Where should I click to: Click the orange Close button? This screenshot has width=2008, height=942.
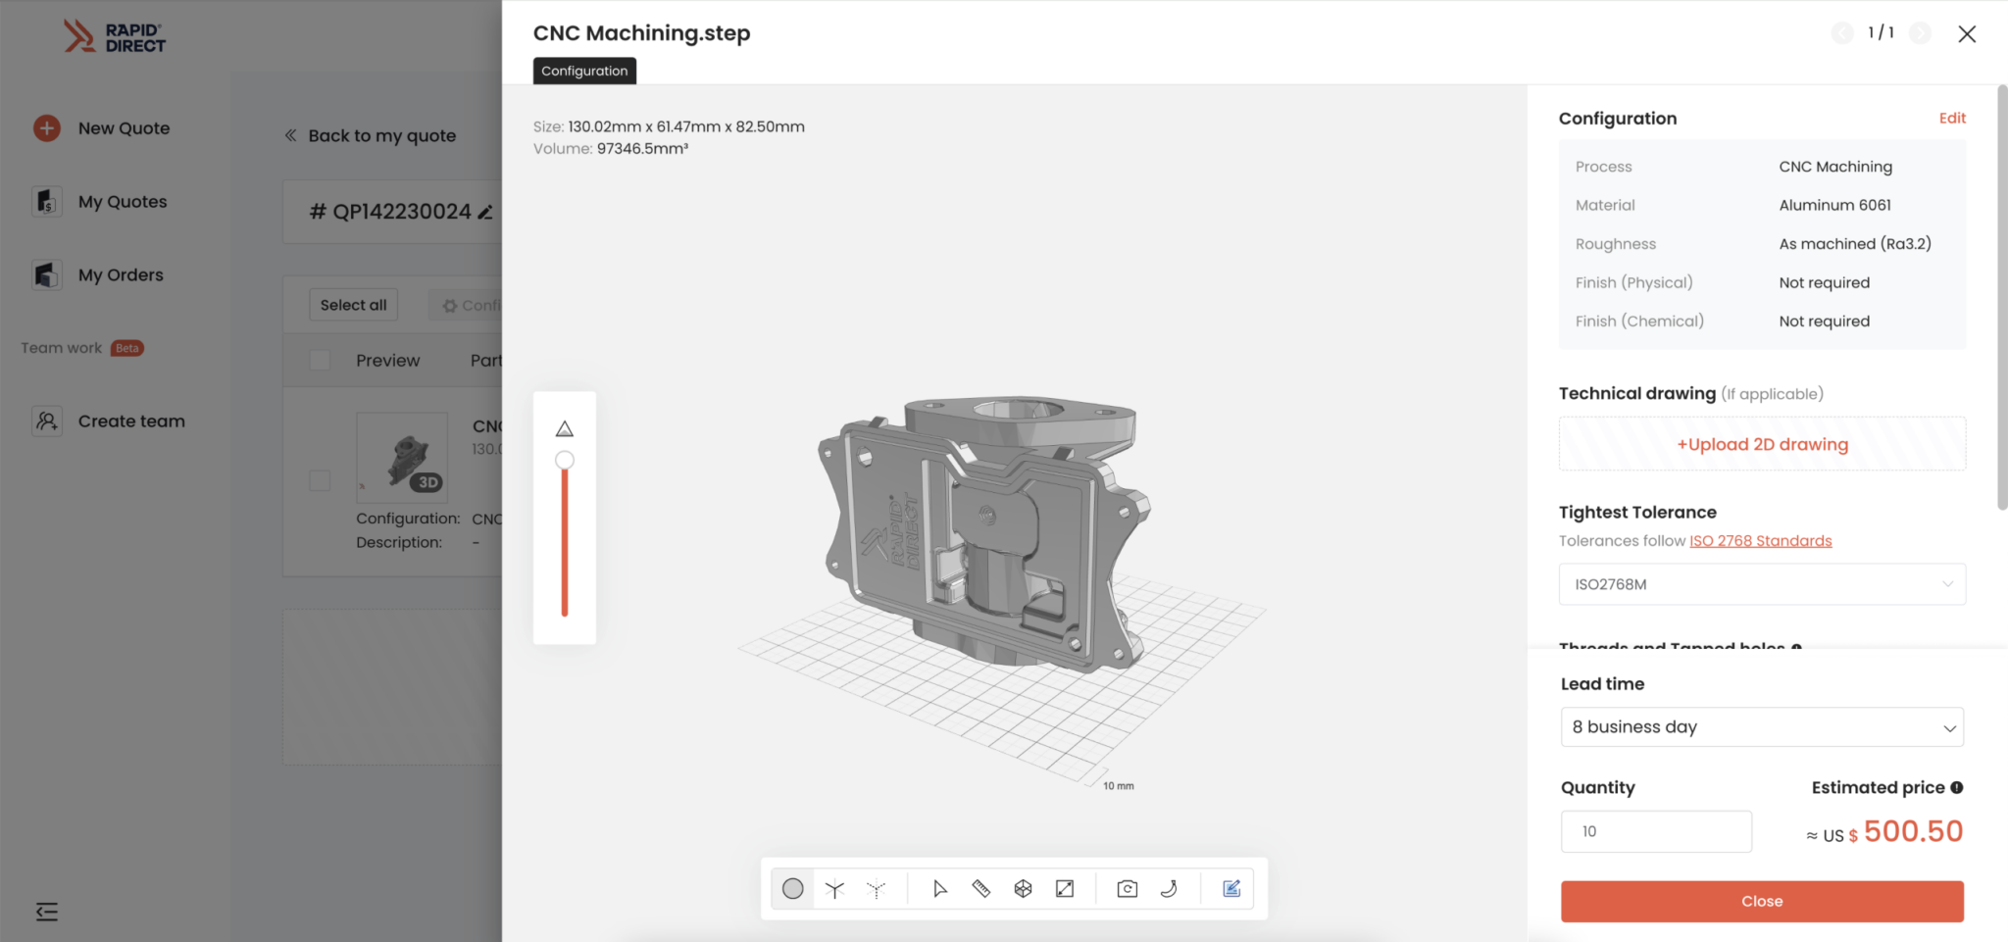coord(1761,901)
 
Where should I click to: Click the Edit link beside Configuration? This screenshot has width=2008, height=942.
coord(1951,118)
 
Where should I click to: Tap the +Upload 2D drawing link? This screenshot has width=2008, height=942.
coord(1762,444)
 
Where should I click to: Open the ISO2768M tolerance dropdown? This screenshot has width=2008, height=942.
coord(1762,584)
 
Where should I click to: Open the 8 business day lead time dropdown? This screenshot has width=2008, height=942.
coord(1762,727)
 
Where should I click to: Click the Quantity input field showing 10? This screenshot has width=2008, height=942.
coord(1655,831)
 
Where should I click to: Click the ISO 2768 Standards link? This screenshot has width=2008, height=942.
coord(1760,541)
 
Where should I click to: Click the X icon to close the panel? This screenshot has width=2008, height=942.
coord(1966,34)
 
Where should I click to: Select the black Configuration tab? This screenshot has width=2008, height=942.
coord(584,71)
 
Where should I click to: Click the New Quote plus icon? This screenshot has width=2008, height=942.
coord(47,128)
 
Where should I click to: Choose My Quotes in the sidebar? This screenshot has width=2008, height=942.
coord(123,202)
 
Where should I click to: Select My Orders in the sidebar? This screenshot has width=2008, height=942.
coord(121,275)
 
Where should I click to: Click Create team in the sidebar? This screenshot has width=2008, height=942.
coord(131,421)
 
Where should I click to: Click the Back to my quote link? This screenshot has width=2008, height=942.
coord(381,136)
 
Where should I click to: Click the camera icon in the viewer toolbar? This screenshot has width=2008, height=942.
coord(1127,889)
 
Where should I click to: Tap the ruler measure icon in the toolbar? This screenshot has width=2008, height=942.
coord(980,889)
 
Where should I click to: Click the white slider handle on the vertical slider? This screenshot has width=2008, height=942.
coord(565,461)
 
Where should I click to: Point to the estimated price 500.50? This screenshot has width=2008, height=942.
coord(1912,831)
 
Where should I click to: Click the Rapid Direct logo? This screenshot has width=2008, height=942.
coord(115,36)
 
